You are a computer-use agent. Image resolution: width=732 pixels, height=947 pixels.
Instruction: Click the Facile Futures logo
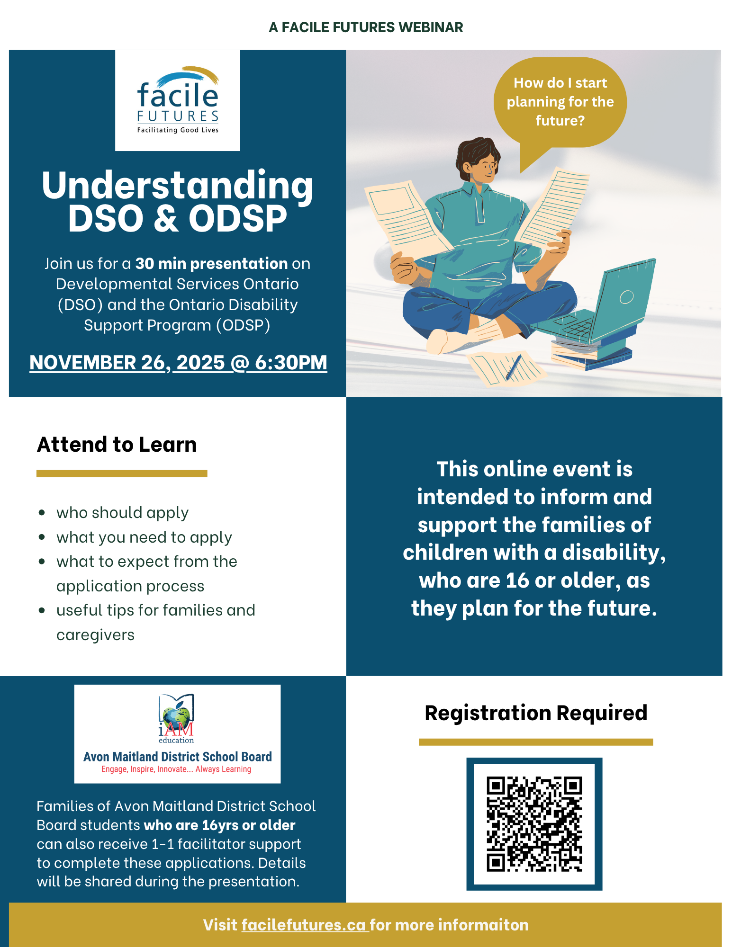(x=178, y=100)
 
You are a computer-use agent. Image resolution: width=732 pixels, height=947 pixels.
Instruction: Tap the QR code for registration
(x=534, y=824)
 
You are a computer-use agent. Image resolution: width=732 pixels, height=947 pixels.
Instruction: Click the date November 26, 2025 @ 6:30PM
(x=178, y=363)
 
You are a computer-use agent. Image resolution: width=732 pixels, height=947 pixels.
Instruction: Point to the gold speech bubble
(x=560, y=105)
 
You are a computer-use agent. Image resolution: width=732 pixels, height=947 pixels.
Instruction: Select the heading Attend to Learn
(x=117, y=445)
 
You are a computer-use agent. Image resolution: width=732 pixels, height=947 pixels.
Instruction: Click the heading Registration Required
(x=536, y=713)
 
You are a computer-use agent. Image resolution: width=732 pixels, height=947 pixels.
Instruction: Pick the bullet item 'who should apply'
(x=122, y=513)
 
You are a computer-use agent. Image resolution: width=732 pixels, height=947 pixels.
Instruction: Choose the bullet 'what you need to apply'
(x=144, y=537)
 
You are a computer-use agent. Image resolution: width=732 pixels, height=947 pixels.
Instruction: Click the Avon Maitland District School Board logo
(x=178, y=734)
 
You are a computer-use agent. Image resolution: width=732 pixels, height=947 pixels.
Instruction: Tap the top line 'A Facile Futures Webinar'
(x=366, y=27)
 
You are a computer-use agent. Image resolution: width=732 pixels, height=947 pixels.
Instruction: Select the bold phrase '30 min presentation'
(x=211, y=263)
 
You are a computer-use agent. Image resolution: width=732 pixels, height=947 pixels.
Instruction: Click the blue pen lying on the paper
(x=514, y=366)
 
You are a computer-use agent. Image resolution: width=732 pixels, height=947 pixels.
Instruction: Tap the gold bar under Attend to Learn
(x=122, y=473)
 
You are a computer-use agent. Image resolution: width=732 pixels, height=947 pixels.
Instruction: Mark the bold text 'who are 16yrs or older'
(x=219, y=825)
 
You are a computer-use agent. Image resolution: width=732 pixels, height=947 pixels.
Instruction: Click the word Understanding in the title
(x=178, y=185)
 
